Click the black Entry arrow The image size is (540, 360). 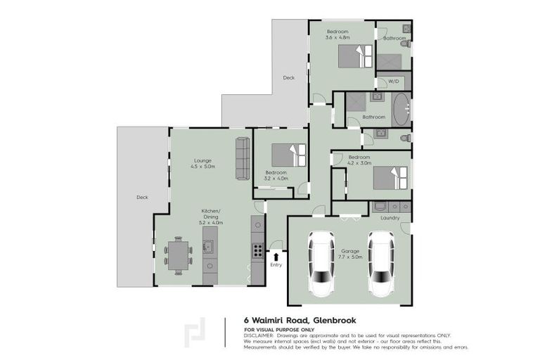[x=276, y=256]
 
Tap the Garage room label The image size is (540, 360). [x=350, y=250]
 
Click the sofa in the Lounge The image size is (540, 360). [x=243, y=158]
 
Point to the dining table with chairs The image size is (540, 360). [x=179, y=256]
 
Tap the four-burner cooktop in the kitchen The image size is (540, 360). [x=258, y=251]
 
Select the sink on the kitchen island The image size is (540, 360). [x=209, y=246]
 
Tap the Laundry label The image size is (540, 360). [x=390, y=218]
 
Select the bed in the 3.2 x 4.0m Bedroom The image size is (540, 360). [x=289, y=154]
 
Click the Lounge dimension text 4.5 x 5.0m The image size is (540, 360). [x=202, y=167]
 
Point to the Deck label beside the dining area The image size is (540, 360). [x=142, y=198]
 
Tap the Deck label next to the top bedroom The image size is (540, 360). [x=288, y=77]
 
